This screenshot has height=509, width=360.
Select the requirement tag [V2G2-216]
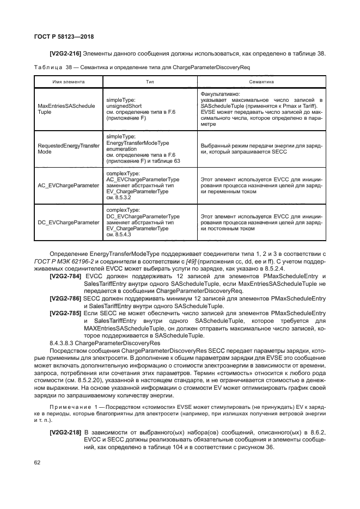click(x=65, y=53)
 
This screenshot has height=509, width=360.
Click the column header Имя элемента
click(x=68, y=82)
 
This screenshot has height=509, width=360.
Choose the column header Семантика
click(x=261, y=82)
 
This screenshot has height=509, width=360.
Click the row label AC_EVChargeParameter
click(x=68, y=186)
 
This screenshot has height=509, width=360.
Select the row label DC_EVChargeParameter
click(x=68, y=222)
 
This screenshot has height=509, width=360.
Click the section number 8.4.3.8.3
click(x=64, y=344)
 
